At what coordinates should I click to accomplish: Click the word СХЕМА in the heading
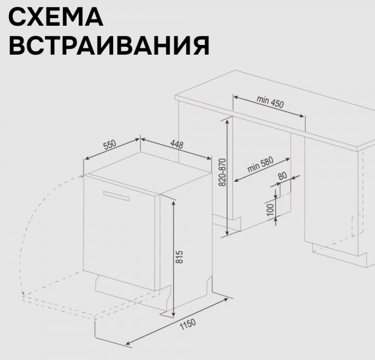pos(56,17)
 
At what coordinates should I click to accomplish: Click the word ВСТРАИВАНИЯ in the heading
pos(109,46)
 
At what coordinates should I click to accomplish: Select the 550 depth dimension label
pos(110,145)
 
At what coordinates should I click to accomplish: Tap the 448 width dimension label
pos(177,144)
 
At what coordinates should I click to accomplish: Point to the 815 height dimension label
pos(179,256)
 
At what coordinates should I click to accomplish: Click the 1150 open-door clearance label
pos(188,324)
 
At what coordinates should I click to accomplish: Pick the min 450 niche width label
pos(270,102)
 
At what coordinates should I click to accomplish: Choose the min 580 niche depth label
pos(261,165)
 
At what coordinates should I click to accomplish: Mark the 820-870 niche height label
pos(223,172)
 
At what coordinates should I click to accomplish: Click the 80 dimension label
pos(282,175)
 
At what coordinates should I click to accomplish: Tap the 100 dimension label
pos(270,210)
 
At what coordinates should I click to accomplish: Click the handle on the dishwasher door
pos(116,196)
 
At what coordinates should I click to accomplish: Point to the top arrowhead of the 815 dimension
pos(174,203)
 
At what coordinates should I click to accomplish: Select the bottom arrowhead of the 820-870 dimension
pos(227,231)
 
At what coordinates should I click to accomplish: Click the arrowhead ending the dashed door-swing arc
pos(23,293)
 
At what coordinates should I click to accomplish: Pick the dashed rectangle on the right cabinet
pos(357,225)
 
